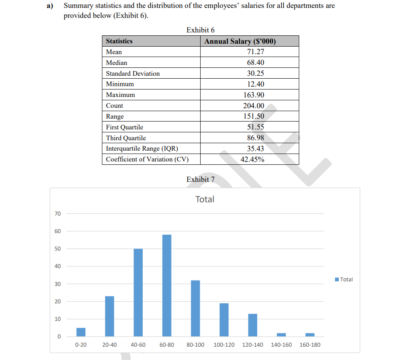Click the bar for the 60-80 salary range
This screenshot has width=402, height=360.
(x=166, y=286)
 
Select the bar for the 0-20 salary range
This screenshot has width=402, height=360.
(x=81, y=332)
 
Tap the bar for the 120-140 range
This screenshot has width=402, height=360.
(x=253, y=325)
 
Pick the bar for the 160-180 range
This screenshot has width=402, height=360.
(x=310, y=335)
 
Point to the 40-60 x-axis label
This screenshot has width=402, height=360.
(x=138, y=345)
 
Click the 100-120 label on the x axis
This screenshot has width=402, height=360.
(x=224, y=345)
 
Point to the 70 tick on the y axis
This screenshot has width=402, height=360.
(x=57, y=214)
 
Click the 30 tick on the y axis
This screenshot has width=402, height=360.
(x=57, y=284)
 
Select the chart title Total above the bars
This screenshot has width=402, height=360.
(x=205, y=199)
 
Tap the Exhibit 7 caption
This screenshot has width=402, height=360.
(x=201, y=179)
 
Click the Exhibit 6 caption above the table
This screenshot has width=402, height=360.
(x=201, y=30)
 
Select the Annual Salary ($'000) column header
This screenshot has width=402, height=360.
(x=240, y=41)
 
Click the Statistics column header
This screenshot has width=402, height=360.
(x=119, y=41)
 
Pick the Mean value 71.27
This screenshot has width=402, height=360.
(x=255, y=52)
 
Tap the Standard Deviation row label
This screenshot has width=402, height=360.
(x=133, y=74)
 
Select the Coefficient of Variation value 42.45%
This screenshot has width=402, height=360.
(x=252, y=159)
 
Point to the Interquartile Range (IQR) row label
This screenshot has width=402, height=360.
(x=142, y=149)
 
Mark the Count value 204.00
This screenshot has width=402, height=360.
(x=253, y=106)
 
